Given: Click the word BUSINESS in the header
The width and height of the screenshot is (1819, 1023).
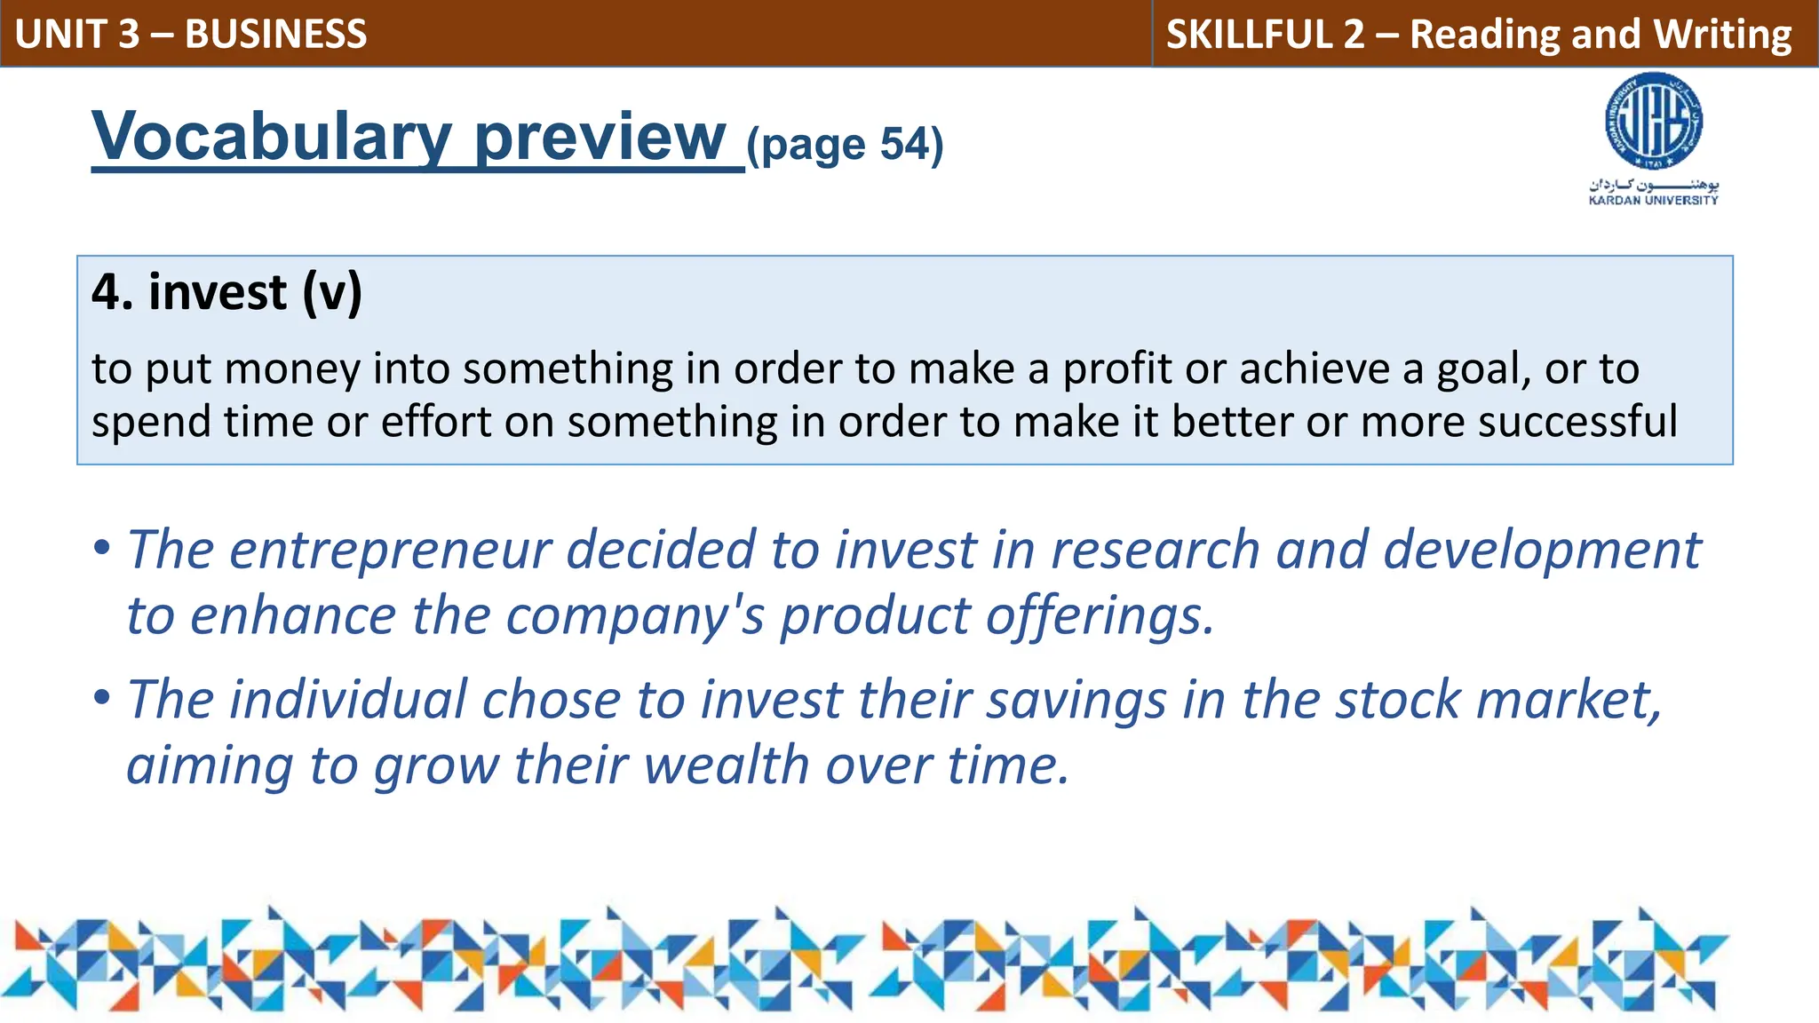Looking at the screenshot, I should click(275, 34).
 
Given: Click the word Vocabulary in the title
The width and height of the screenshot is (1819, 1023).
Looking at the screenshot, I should click(272, 137).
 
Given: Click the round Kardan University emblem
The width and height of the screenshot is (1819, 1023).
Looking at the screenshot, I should click(1654, 123).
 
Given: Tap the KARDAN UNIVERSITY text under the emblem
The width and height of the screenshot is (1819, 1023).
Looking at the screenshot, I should click(1654, 201).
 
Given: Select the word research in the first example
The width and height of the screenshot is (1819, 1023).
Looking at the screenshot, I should click(1155, 550).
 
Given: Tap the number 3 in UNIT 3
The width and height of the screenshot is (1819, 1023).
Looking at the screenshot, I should click(129, 34).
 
